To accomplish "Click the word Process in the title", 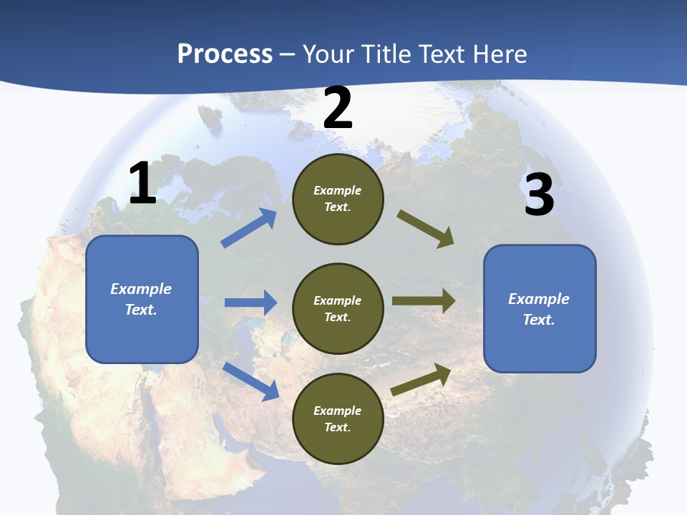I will point(225,54).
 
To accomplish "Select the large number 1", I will point(142,184).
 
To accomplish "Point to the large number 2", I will point(338,108).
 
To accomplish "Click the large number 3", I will point(539,195).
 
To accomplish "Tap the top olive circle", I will point(338,199).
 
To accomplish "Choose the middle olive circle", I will point(338,308).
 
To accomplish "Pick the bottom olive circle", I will point(338,418).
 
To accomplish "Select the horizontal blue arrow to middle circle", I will point(250,303).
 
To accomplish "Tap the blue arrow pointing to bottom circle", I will point(251,381).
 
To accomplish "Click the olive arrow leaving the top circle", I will point(425,228).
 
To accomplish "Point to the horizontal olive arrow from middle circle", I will point(424,301).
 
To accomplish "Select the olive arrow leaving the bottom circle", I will point(421,379).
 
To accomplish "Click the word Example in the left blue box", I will point(141,289).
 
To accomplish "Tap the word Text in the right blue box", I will point(538,320).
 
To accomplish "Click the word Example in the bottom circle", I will point(338,411).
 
